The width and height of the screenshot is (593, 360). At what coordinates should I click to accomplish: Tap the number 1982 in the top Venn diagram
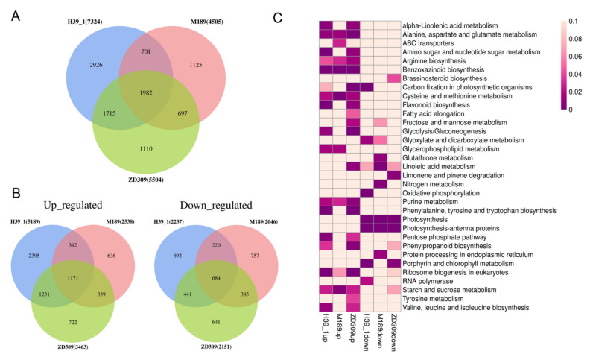pyautogui.click(x=148, y=90)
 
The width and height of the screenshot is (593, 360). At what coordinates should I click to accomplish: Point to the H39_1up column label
pyautogui.click(x=326, y=332)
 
